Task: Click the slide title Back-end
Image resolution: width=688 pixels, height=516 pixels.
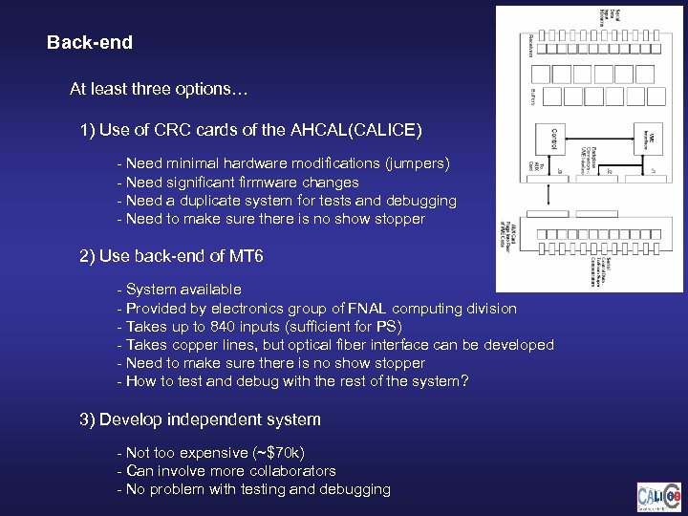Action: tap(90, 43)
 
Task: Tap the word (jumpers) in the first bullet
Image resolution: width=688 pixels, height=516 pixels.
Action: tap(417, 163)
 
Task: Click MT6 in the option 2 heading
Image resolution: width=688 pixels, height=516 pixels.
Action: tap(243, 256)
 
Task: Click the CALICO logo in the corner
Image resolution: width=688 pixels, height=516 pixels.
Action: tap(659, 497)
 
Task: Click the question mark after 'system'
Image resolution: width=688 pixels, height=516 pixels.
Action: tap(464, 381)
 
